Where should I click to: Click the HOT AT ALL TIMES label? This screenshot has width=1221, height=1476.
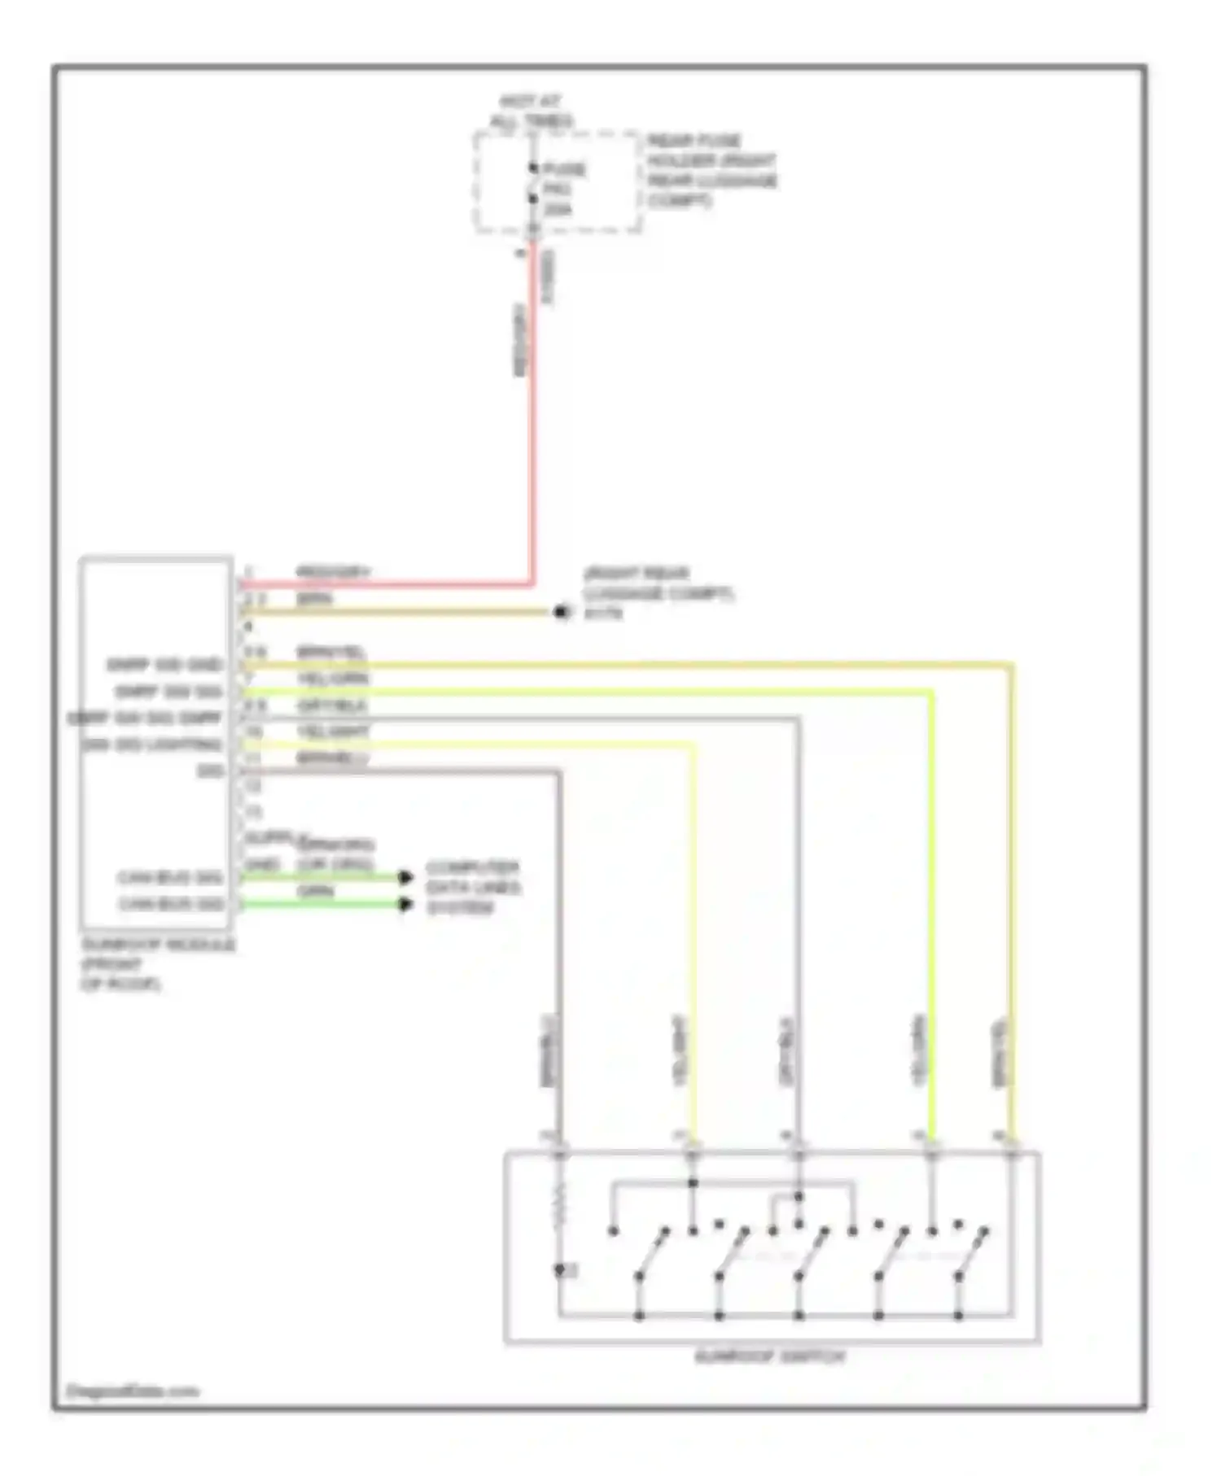(532, 111)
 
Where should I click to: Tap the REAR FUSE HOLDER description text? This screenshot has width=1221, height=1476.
(711, 170)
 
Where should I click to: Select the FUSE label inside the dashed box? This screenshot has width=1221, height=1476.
(565, 170)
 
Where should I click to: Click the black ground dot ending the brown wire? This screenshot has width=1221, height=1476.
(561, 612)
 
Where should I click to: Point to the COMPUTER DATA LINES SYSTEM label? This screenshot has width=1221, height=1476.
(473, 887)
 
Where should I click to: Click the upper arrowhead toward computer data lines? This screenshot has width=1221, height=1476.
(405, 877)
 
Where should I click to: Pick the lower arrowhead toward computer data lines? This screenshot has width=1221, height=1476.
(405, 904)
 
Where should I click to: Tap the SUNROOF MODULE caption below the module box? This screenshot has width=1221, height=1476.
(156, 964)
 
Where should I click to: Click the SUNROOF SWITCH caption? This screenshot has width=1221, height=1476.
(770, 1356)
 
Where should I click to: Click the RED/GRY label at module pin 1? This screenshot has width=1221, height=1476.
(332, 572)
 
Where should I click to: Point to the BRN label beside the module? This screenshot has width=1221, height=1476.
(315, 599)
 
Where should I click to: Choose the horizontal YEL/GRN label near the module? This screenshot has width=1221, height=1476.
(332, 679)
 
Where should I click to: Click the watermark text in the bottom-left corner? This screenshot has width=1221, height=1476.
(132, 1391)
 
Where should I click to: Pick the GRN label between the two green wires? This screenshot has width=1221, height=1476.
(315, 891)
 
